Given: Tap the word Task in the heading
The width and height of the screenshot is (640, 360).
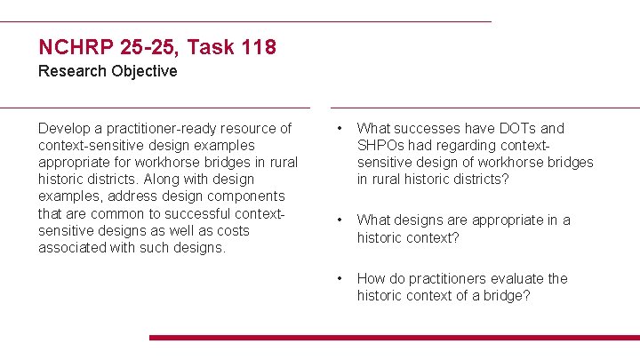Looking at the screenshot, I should (205, 46).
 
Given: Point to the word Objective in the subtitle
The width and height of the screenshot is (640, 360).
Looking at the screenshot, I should (145, 71).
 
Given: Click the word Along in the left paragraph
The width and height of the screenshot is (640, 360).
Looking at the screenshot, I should (163, 180).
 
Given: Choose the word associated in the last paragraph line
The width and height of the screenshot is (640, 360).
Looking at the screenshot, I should (75, 248).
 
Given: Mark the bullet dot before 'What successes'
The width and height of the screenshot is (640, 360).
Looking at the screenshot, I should (337, 129).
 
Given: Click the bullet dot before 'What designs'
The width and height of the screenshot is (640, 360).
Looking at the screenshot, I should (337, 220).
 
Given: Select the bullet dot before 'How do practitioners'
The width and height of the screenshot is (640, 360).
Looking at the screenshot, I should (337, 279).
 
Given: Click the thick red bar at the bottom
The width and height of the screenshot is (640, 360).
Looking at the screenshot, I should (394, 338).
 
